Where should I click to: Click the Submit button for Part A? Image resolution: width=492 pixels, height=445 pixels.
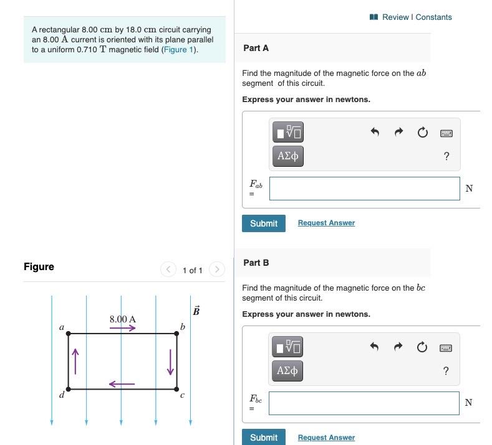(263, 223)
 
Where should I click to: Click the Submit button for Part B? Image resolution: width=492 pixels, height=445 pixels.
(263, 438)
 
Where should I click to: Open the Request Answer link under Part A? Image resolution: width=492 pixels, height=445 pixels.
(326, 223)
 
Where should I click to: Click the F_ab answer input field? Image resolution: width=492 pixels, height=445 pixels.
(365, 189)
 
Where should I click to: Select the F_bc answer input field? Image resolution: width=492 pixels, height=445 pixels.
(365, 403)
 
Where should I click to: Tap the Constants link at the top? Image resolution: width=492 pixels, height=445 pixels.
(433, 17)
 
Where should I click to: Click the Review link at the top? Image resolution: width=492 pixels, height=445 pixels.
(395, 17)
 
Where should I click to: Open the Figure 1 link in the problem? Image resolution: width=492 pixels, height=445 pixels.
(179, 50)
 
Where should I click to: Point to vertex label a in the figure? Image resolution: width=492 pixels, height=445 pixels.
(61, 326)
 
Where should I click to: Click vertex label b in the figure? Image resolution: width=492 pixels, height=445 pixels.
(182, 326)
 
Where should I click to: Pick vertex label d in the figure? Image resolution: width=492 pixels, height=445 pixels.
(61, 395)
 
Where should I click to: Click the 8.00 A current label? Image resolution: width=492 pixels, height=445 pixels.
(123, 319)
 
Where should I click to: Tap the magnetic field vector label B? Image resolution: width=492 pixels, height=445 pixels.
(196, 311)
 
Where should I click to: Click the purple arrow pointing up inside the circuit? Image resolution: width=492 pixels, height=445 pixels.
(76, 361)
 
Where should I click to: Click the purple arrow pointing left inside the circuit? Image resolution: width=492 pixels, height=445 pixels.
(122, 383)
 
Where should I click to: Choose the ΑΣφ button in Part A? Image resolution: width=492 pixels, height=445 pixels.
(287, 156)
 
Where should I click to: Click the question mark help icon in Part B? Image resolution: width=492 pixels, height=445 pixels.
(446, 371)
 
